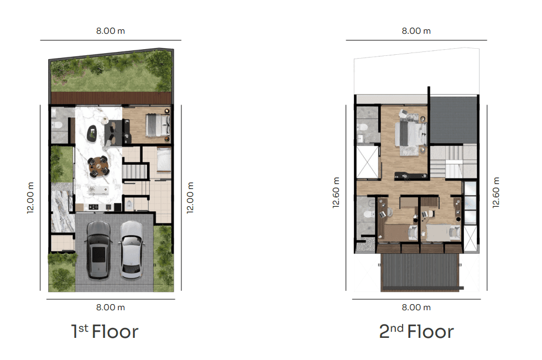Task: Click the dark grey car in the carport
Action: coord(98,249)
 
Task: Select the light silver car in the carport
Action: coord(132,249)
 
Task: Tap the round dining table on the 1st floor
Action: coord(98,166)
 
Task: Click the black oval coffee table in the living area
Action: coord(92,133)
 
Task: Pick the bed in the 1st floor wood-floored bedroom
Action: coord(158,125)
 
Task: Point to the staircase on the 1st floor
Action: coord(135,171)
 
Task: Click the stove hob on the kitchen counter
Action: coord(93,207)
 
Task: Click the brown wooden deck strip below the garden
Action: coord(111,98)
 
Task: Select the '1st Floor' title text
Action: coord(105,332)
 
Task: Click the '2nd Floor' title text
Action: coord(416,332)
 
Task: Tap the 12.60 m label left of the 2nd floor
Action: coord(336,192)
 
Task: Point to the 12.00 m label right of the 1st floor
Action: coord(190,197)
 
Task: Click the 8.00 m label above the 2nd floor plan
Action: coord(416,31)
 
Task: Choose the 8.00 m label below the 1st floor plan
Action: coord(111,307)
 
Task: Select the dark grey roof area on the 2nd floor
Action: coord(453,119)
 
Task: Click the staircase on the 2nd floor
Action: coord(453,161)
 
